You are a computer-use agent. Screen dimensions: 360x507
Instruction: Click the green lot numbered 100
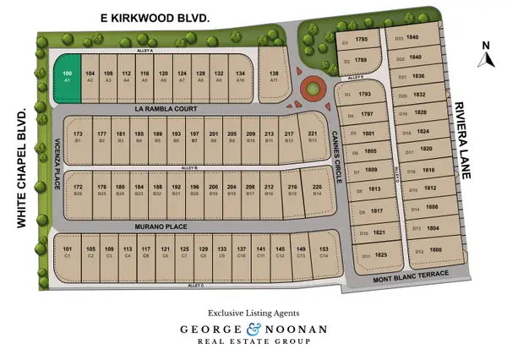pos(68,75)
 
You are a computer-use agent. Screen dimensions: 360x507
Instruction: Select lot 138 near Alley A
pos(274,75)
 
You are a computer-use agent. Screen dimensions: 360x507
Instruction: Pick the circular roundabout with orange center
pos(312,87)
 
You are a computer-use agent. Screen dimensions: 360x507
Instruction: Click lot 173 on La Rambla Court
pos(78,137)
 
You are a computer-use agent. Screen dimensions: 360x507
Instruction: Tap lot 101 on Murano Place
pos(68,252)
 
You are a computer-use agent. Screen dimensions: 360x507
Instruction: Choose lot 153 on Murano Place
pos(324,252)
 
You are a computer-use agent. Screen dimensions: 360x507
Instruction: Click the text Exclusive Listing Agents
pos(253,312)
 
